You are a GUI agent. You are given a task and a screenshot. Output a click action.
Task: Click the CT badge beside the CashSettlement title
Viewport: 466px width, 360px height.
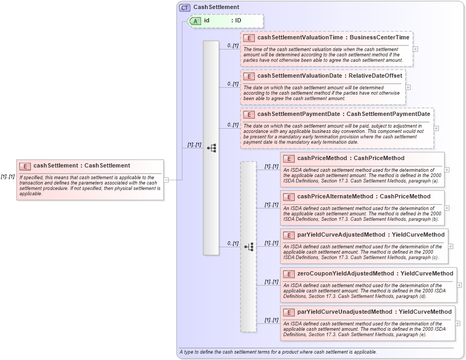click(x=185, y=7)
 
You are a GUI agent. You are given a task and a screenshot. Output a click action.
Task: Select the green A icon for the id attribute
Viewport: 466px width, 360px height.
click(x=196, y=21)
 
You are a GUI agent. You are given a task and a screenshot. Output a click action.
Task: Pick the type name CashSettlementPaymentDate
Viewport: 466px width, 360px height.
click(x=388, y=114)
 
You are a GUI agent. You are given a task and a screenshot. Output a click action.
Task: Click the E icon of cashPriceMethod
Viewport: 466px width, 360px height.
click(x=289, y=158)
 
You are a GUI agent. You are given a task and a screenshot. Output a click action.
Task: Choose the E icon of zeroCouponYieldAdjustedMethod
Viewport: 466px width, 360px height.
click(x=289, y=274)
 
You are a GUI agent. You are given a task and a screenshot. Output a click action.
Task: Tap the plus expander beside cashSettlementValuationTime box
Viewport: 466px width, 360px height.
click(x=415, y=49)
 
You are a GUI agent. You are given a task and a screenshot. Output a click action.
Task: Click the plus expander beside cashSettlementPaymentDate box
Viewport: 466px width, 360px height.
click(x=436, y=128)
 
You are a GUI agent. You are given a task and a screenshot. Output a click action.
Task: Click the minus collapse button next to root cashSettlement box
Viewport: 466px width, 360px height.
click(x=166, y=180)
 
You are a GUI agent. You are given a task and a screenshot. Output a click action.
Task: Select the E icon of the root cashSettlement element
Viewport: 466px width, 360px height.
click(x=25, y=166)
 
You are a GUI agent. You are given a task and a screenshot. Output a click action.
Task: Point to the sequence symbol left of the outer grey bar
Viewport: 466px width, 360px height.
click(x=211, y=147)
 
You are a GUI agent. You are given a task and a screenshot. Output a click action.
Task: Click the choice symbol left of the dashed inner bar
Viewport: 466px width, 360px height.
click(x=248, y=247)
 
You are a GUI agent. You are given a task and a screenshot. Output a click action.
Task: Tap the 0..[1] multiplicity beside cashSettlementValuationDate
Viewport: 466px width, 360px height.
click(x=232, y=83)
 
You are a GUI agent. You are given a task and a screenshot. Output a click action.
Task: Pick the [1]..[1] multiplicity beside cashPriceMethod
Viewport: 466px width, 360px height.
click(x=271, y=166)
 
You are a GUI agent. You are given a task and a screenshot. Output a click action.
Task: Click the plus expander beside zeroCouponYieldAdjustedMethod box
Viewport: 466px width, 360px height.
click(x=459, y=285)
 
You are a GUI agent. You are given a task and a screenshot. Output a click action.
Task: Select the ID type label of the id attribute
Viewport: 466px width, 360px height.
click(x=238, y=21)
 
